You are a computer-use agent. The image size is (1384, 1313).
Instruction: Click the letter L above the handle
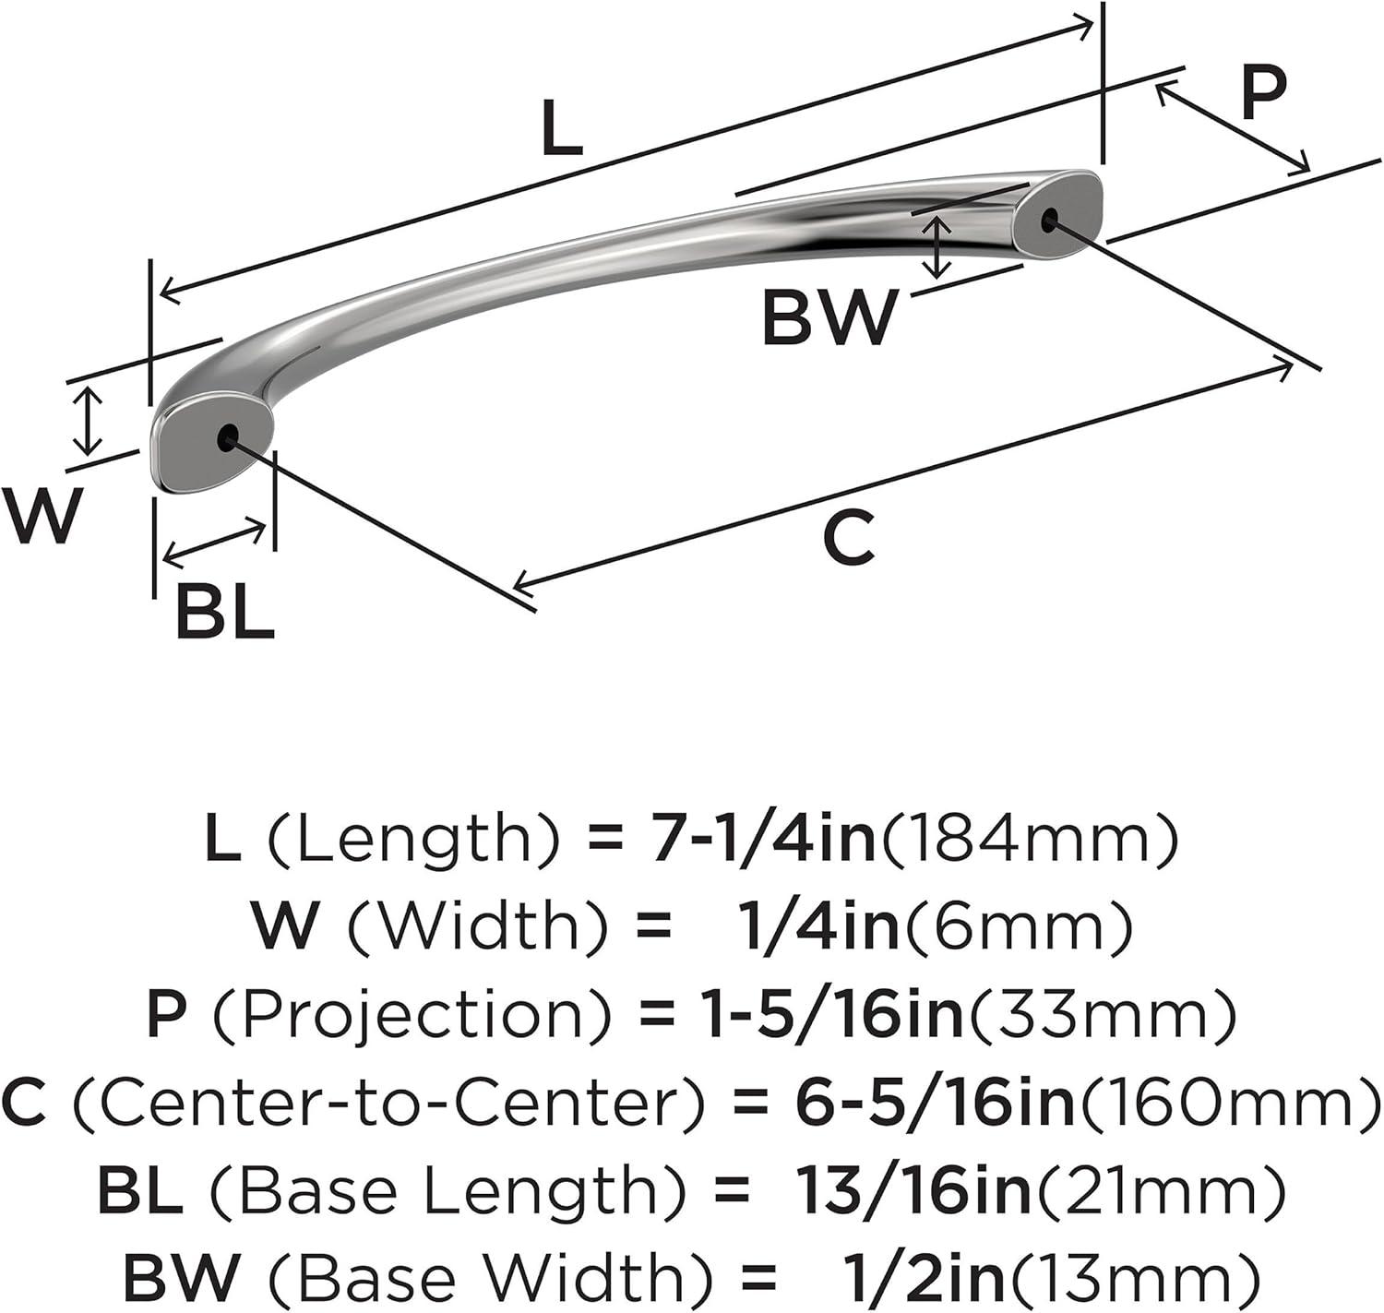pos(563,127)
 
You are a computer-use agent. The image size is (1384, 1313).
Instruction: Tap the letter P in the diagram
pos(1264,92)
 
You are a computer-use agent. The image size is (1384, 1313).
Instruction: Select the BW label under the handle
pos(830,317)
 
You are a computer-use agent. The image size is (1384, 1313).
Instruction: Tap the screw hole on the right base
pos(1048,221)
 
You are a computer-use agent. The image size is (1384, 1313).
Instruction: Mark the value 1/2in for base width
pos(926,1280)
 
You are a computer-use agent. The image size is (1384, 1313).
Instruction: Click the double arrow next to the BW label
pos(936,247)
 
